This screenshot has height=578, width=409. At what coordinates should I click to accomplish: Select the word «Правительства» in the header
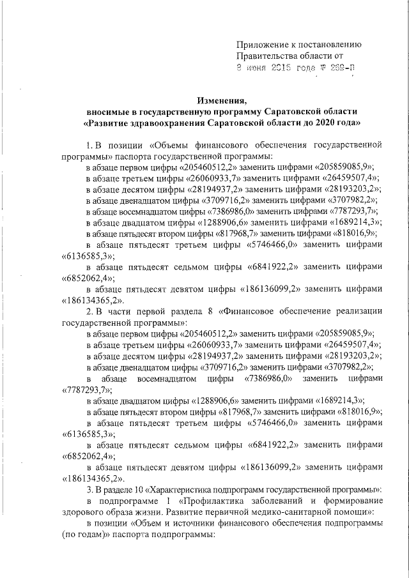pos(267,56)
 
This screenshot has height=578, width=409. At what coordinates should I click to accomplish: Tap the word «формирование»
pos(351,501)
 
